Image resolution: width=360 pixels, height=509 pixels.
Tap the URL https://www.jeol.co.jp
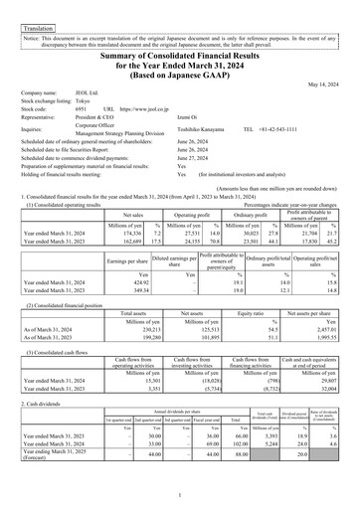coord(151,108)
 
